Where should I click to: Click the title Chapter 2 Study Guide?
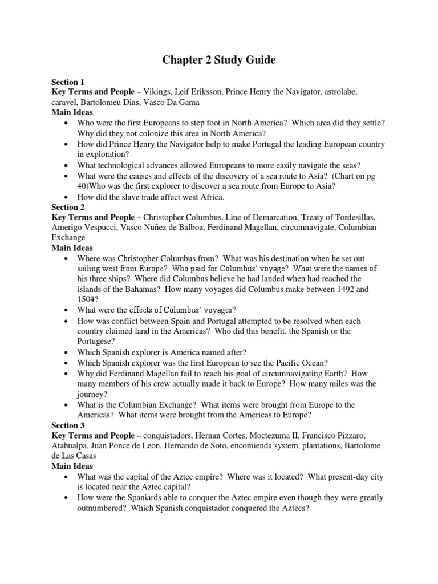tap(218, 60)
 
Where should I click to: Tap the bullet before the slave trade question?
tap(68, 197)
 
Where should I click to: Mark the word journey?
tap(92, 394)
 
